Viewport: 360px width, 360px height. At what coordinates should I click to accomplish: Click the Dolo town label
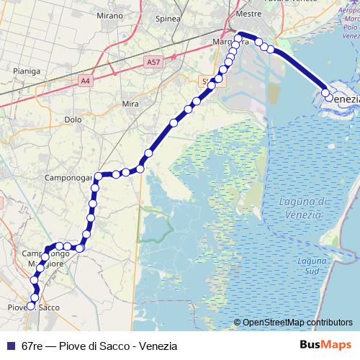coord(73,120)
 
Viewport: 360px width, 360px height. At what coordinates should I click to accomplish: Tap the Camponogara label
coord(68,177)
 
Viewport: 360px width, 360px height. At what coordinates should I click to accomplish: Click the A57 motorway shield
coord(153,63)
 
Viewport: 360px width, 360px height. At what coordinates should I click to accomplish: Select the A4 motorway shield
coord(86,81)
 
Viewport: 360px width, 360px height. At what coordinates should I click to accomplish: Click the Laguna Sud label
coord(312,266)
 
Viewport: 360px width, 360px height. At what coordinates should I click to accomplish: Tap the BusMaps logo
coord(325,346)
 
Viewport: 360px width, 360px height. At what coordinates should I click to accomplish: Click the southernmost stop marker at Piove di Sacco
coord(31,306)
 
